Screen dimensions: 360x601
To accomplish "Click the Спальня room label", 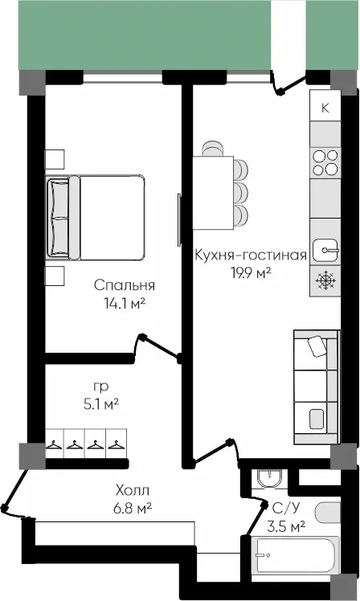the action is (x=125, y=285).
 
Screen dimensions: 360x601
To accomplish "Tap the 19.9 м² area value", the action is (x=251, y=273).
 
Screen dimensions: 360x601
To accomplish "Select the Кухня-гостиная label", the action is (x=251, y=255).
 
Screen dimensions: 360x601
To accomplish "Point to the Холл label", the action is (x=133, y=490).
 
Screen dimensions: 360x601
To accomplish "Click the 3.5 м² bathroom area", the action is (x=286, y=526).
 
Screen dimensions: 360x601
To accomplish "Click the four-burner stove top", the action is (x=325, y=162).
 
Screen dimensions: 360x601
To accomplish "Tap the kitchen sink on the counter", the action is (x=325, y=251).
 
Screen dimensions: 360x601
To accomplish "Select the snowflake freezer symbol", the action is (x=325, y=280).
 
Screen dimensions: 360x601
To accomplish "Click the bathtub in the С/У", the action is (x=295, y=555).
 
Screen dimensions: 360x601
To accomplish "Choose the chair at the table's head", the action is (x=213, y=149).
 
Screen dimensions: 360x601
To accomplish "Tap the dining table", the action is (x=213, y=193).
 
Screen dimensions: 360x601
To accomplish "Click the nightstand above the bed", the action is (x=55, y=159).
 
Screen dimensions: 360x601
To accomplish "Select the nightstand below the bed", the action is (x=55, y=276).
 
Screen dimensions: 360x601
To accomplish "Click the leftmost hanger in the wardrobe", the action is (x=54, y=445).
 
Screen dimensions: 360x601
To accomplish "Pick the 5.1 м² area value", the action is (x=101, y=404).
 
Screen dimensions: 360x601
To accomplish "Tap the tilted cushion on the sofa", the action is (x=317, y=346).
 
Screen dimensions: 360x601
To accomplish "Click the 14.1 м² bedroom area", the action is (x=125, y=304).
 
